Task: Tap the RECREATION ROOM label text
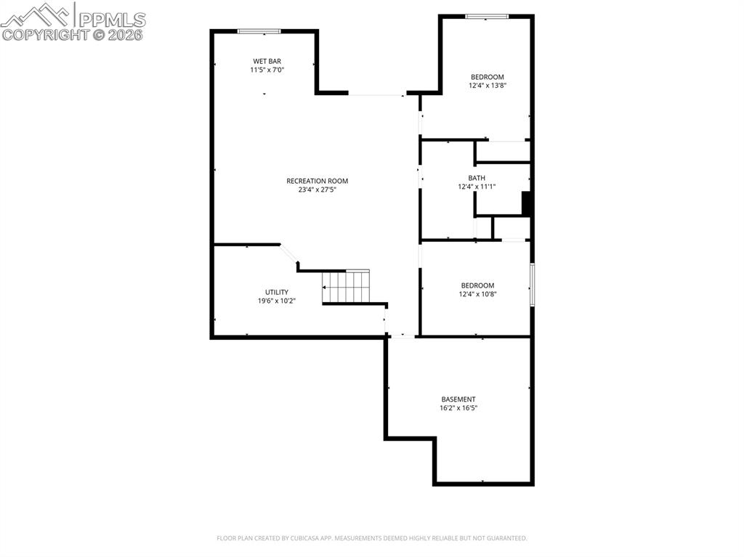click(317, 181)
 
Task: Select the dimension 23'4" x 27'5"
click(317, 190)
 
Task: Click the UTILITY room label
click(276, 292)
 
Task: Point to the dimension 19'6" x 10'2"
click(276, 301)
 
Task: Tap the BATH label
click(477, 178)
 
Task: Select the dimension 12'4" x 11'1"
click(477, 187)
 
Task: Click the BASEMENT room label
click(458, 399)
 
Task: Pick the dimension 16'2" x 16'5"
click(458, 408)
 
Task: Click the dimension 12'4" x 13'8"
click(487, 86)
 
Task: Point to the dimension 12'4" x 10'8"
click(477, 294)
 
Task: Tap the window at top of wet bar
click(259, 31)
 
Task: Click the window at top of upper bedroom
click(487, 16)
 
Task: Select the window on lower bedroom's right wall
click(532, 285)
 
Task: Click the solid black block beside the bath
click(527, 203)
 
